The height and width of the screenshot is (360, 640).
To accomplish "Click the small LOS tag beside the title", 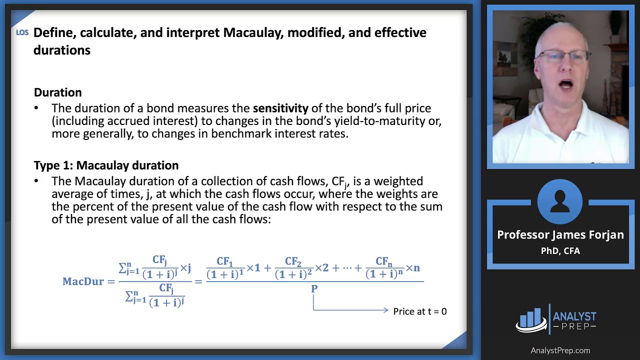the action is (22, 32).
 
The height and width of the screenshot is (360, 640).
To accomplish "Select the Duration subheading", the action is (57, 92).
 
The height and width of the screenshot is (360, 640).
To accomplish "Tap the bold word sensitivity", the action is (280, 108).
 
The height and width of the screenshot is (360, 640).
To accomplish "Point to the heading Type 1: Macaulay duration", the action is (106, 165).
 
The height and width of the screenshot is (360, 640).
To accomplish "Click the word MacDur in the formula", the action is (83, 281).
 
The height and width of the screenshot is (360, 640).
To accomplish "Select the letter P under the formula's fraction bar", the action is (314, 288).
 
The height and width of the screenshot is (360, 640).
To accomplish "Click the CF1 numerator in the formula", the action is (225, 261).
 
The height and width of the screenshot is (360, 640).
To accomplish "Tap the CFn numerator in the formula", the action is (384, 261).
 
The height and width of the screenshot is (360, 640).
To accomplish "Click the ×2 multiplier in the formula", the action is (321, 268).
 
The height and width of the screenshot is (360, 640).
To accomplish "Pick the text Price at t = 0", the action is (420, 311).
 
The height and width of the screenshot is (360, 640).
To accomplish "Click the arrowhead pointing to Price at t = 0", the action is (386, 310).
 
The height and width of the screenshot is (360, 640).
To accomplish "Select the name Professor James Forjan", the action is (560, 235).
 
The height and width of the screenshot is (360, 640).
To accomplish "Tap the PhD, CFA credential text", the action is (560, 251).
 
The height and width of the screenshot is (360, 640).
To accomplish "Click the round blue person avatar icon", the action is (559, 201).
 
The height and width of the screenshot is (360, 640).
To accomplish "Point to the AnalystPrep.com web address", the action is (560, 350).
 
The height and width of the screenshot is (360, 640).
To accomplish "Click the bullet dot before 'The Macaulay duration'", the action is (36, 181).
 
